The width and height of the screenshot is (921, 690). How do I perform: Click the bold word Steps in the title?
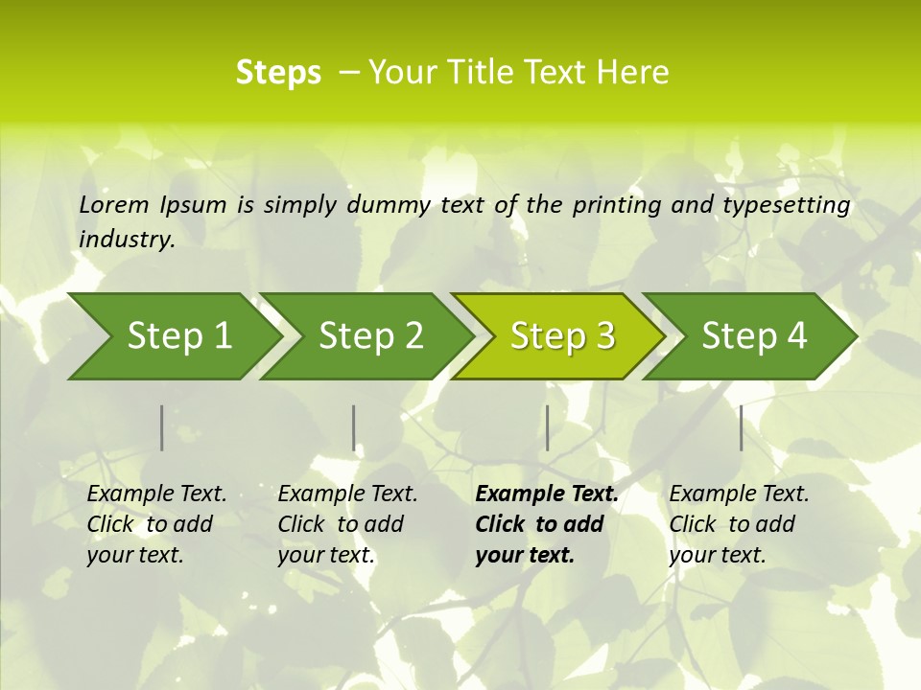tap(278, 73)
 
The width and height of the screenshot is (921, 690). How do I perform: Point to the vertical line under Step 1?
tap(162, 427)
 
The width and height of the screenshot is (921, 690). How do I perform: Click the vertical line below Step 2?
tap(354, 427)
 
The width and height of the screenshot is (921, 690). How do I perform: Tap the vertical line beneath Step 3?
tap(547, 427)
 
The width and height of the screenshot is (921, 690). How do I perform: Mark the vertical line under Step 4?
tap(741, 427)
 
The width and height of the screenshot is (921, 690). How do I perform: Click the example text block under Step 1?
tap(156, 524)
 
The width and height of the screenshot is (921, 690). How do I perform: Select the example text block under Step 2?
tap(347, 524)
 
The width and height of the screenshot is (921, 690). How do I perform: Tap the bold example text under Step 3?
tap(547, 524)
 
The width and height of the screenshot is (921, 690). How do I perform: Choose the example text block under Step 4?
tap(739, 524)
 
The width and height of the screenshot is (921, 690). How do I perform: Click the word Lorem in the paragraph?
tap(114, 205)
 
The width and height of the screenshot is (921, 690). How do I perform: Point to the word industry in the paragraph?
tap(127, 240)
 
